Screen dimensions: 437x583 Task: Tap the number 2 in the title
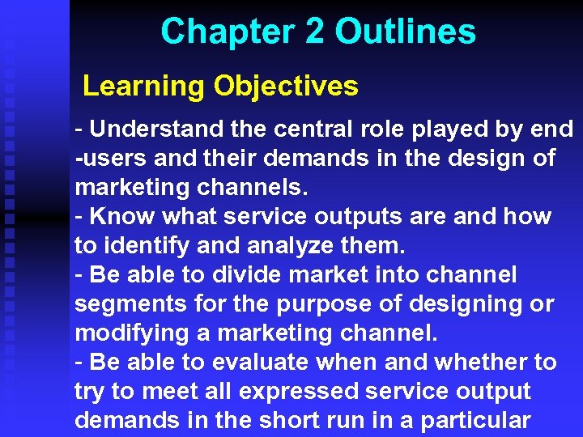tap(316, 32)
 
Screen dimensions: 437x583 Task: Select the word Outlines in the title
tap(406, 32)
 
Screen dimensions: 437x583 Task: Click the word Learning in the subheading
tap(143, 86)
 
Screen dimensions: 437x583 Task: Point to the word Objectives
tap(286, 86)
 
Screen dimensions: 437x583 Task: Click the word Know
tap(122, 217)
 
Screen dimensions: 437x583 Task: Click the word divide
tap(249, 275)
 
